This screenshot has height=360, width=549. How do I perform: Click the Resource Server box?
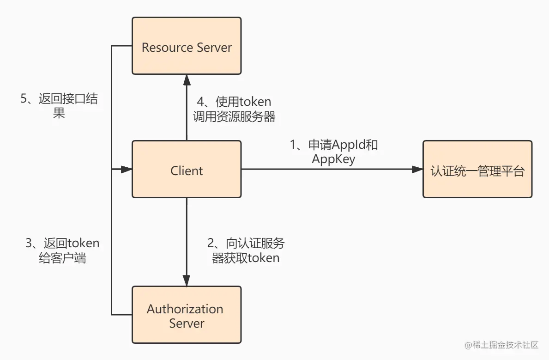pyautogui.click(x=187, y=46)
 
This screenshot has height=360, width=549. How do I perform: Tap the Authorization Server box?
pyautogui.click(x=187, y=315)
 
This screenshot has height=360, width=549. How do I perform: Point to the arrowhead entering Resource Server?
pyautogui.click(x=187, y=80)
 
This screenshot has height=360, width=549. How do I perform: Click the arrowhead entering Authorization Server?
pyautogui.click(x=187, y=281)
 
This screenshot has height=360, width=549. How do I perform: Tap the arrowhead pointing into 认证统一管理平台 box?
pyautogui.click(x=417, y=170)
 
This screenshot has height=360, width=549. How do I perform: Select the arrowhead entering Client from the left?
pyautogui.click(x=127, y=170)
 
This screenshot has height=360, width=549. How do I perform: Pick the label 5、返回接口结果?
pyautogui.click(x=59, y=106)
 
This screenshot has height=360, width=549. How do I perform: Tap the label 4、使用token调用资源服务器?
pyautogui.click(x=234, y=109)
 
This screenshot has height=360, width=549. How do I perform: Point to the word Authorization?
pyautogui.click(x=185, y=309)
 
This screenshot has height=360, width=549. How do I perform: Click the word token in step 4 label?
pyautogui.click(x=256, y=101)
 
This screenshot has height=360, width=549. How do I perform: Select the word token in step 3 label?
pyautogui.click(x=84, y=243)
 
